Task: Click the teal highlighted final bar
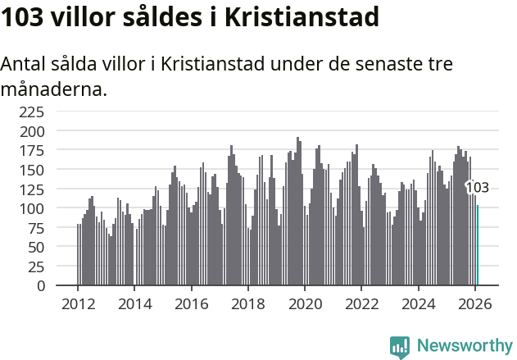point(478,246)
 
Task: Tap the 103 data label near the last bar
point(478,188)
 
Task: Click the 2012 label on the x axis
point(78,303)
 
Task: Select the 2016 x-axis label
point(191,303)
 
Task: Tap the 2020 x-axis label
point(305,303)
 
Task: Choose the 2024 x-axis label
point(418,303)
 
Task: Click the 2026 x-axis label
point(474,303)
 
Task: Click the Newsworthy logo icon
point(400,347)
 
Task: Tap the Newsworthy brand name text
point(464,346)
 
